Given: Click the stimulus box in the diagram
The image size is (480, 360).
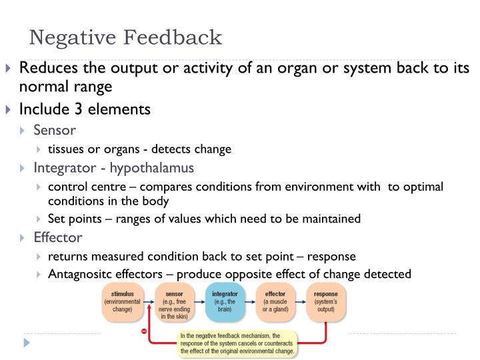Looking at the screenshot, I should [x=121, y=302].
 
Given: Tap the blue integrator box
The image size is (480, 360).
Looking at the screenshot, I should [x=225, y=302].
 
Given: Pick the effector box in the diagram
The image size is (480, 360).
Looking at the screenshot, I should [x=275, y=302].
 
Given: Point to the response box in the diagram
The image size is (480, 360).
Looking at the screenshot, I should [x=326, y=302].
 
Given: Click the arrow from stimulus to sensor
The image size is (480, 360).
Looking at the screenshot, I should [x=147, y=302].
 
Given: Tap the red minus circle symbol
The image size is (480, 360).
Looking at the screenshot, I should [x=143, y=331].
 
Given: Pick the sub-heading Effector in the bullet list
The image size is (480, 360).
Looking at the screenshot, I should [x=58, y=237].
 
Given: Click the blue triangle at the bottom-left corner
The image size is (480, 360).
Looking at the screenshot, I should [x=27, y=343].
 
